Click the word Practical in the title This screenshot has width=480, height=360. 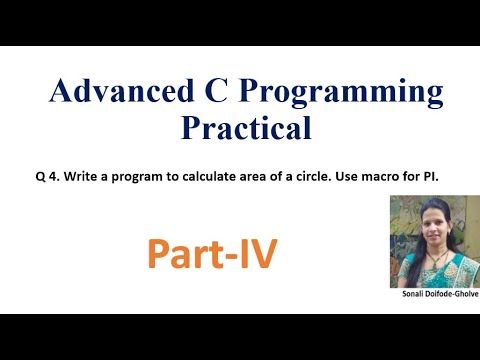pos(246,128)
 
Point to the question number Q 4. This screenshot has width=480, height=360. pos(54,176)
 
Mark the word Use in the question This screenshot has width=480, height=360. pos(348,176)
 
